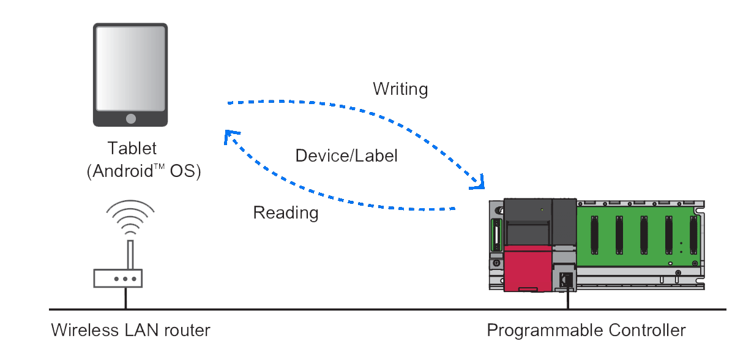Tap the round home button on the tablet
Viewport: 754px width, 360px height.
pyautogui.click(x=130, y=118)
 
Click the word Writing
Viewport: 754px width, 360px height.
pyautogui.click(x=400, y=89)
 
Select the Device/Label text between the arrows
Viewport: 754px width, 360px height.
pyautogui.click(x=347, y=156)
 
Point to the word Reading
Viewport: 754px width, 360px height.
pyautogui.click(x=286, y=213)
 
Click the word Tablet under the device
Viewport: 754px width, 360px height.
pyautogui.click(x=132, y=148)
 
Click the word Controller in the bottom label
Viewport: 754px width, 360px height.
pyautogui.click(x=647, y=331)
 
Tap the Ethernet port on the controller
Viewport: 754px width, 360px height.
pyautogui.click(x=567, y=279)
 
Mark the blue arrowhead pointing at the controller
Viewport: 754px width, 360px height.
pyautogui.click(x=480, y=182)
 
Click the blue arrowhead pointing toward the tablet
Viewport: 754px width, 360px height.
pyautogui.click(x=230, y=136)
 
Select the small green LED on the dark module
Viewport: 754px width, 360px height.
pyautogui.click(x=542, y=210)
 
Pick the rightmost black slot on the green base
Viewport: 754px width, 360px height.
pyautogui.click(x=693, y=234)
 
